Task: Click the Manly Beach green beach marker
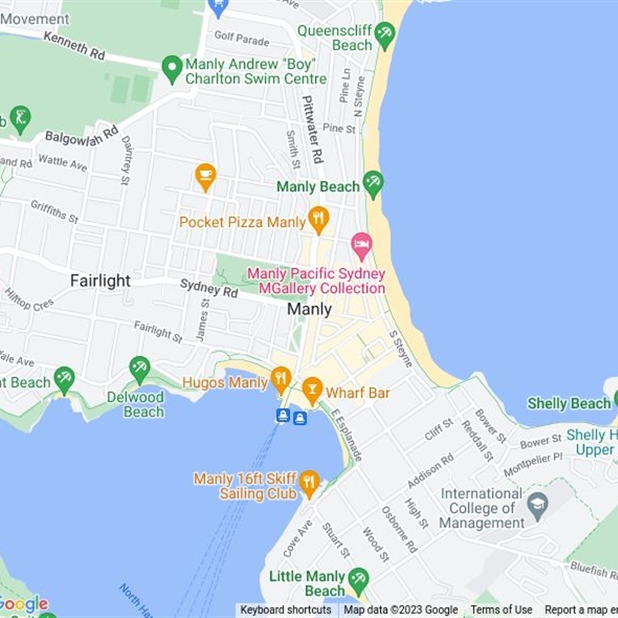(x=373, y=184)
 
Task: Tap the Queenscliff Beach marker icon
(x=384, y=34)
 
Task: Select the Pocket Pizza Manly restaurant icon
(x=318, y=219)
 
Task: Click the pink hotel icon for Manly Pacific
(x=361, y=246)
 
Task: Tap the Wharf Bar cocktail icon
(x=312, y=390)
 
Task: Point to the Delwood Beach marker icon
(x=139, y=368)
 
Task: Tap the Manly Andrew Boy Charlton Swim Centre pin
(x=172, y=68)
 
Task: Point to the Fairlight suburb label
(x=100, y=280)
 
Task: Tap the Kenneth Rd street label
(x=73, y=47)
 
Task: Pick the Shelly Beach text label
(x=569, y=403)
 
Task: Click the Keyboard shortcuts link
(x=285, y=610)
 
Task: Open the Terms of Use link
(x=501, y=610)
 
